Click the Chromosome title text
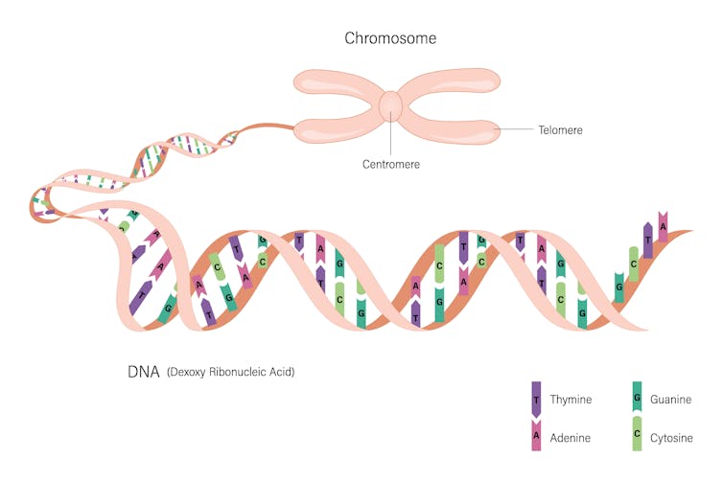390,39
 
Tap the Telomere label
560,129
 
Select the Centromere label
390,164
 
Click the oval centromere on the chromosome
391,106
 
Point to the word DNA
144,371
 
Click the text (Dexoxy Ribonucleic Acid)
230,372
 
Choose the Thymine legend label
578,400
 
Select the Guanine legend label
670,400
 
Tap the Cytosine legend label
671,437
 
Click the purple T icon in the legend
537,398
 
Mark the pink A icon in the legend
537,436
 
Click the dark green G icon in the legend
636,396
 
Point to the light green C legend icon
636,435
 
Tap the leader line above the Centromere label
391,138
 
